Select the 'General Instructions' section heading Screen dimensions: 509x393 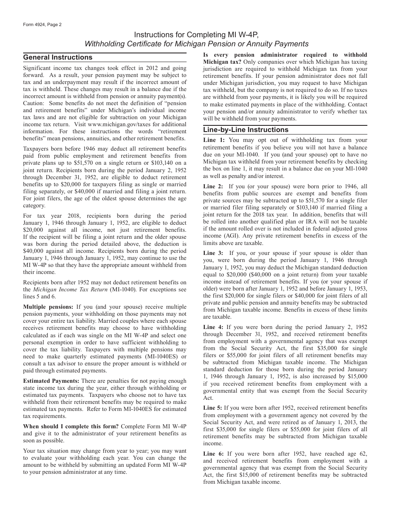coord(58,58)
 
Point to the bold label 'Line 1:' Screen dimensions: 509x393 coord(214,140)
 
